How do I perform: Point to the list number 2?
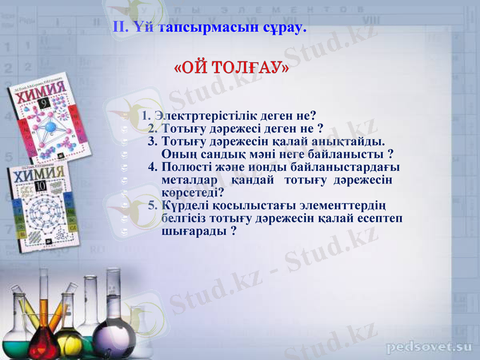(x=152, y=128)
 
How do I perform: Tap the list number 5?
(x=152, y=205)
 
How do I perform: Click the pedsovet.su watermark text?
(x=429, y=347)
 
